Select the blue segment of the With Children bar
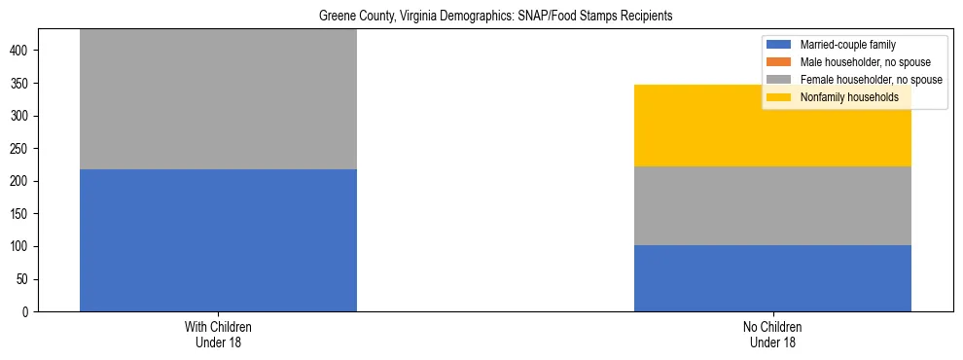pos(218,240)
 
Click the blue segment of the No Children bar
pos(772,278)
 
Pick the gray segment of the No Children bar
pos(772,205)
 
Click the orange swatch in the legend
pos(779,62)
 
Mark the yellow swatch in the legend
pos(779,97)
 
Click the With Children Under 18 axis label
pos(218,334)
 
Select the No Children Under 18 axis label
pos(772,334)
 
